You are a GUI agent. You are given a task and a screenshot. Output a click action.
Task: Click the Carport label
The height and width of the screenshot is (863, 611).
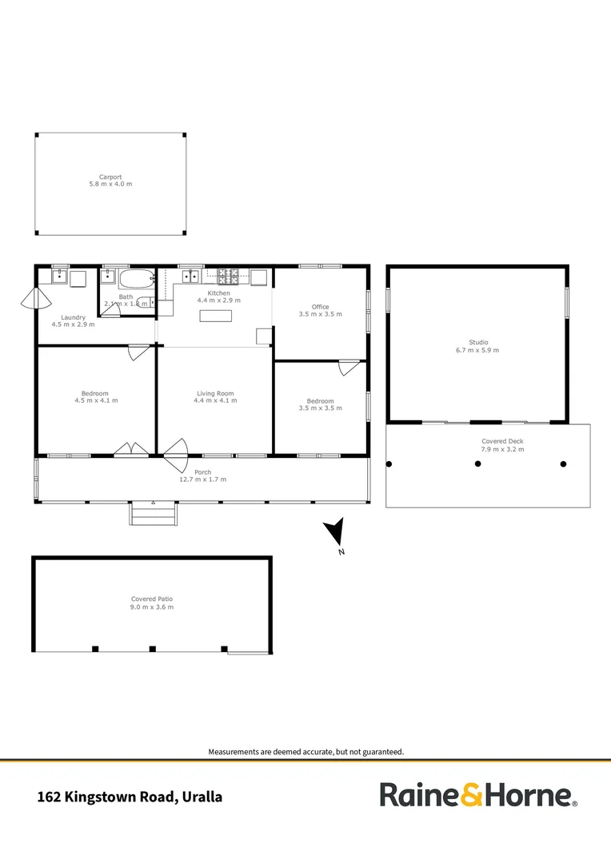click(x=110, y=177)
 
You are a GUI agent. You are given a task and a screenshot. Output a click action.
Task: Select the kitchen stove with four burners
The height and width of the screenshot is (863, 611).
click(x=229, y=277)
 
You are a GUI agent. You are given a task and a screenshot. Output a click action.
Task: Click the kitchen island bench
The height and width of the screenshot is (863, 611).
click(x=216, y=315)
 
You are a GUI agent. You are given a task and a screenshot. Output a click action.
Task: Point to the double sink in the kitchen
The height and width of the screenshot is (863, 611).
click(x=191, y=277)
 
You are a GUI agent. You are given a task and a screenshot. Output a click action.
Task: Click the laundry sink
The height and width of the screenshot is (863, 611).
click(x=58, y=278)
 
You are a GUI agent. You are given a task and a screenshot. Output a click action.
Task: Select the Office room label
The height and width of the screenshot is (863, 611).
click(x=320, y=307)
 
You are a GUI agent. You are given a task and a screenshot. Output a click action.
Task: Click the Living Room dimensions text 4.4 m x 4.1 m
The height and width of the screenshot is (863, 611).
click(x=216, y=400)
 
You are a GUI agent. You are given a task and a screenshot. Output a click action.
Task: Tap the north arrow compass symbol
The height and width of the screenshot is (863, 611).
click(x=336, y=532)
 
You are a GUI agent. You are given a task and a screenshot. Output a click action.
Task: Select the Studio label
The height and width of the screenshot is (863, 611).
click(x=478, y=342)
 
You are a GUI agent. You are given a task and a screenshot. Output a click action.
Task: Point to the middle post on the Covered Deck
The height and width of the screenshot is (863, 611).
click(x=478, y=463)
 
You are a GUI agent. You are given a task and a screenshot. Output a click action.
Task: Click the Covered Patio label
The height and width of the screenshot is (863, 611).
click(x=152, y=599)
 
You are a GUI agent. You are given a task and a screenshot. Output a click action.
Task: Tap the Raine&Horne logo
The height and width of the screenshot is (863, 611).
click(x=477, y=795)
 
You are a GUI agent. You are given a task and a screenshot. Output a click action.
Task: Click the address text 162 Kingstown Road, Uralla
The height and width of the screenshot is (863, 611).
click(x=130, y=797)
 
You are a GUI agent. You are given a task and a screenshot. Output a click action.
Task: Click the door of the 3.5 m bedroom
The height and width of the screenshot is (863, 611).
click(x=348, y=368)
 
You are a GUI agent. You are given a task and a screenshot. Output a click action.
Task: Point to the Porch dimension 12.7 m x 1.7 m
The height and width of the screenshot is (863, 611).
click(x=202, y=479)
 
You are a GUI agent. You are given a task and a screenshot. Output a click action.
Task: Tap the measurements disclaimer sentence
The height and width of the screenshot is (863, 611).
click(x=305, y=751)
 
